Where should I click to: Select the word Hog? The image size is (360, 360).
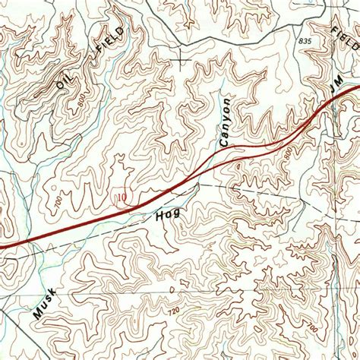point(168,216)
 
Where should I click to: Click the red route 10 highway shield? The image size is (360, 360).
point(122,198)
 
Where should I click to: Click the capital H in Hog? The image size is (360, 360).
point(160,220)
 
